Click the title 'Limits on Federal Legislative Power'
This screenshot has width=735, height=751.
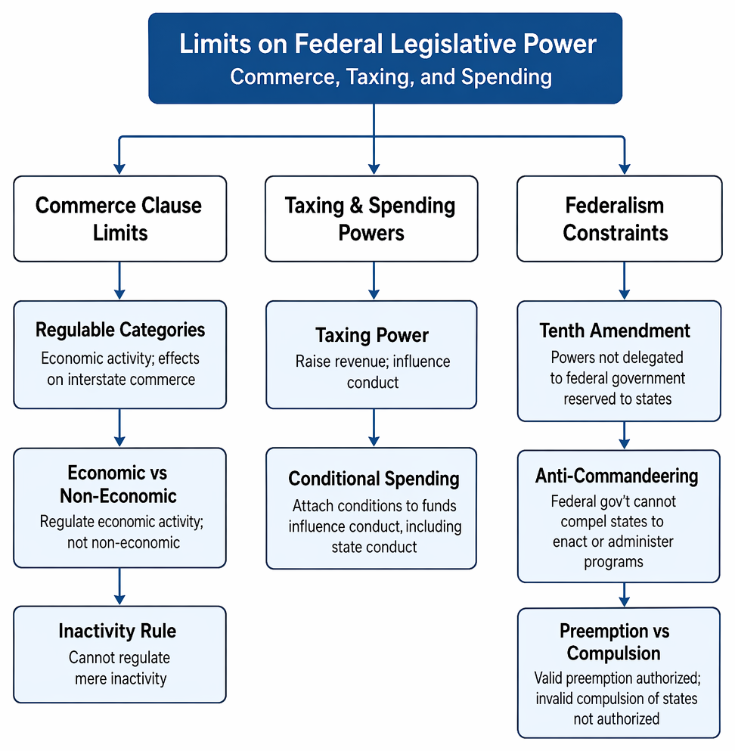pyautogui.click(x=387, y=44)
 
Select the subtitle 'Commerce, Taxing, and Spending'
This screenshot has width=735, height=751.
pyautogui.click(x=391, y=76)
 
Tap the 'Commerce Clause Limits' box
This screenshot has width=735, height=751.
pyautogui.click(x=119, y=219)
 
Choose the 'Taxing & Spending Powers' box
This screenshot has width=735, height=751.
pyautogui.click(x=371, y=219)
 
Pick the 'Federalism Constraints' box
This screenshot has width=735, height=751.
pyautogui.click(x=619, y=219)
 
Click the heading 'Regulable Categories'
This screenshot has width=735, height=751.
pyautogui.click(x=120, y=330)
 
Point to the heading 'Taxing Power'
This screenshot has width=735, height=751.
pyautogui.click(x=372, y=335)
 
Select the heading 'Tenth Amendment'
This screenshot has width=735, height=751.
pyautogui.click(x=615, y=331)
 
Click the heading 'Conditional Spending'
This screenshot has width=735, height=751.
pyautogui.click(x=374, y=479)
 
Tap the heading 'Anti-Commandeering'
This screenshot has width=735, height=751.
pyautogui.click(x=617, y=476)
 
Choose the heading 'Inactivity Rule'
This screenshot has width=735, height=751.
pyautogui.click(x=117, y=631)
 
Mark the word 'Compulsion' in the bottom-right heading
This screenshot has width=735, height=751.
pyautogui.click(x=614, y=653)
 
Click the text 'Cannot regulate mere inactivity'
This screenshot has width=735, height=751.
pyautogui.click(x=119, y=668)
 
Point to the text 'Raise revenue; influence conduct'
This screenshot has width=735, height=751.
pyautogui.click(x=373, y=371)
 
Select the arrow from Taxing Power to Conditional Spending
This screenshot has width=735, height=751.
pyautogui.click(x=374, y=428)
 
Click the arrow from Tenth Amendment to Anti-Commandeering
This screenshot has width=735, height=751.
pyautogui.click(x=625, y=435)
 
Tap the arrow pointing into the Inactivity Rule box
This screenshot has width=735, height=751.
pyautogui.click(x=119, y=586)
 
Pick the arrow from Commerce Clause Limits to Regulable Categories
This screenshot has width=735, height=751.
pyautogui.click(x=119, y=281)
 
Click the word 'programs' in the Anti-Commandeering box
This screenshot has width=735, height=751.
pyautogui.click(x=613, y=562)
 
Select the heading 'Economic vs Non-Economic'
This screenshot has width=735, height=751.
pyautogui.click(x=118, y=484)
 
